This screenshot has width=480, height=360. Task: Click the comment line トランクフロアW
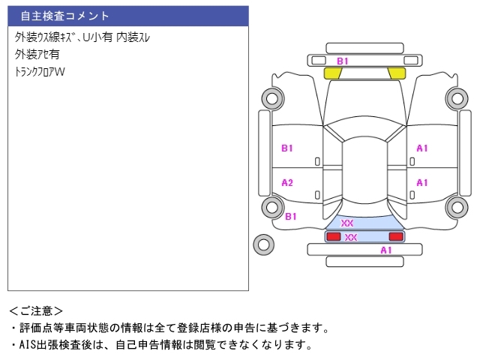click(x=40, y=72)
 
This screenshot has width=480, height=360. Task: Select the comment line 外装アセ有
click(x=37, y=54)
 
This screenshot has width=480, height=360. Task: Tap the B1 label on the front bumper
click(x=342, y=61)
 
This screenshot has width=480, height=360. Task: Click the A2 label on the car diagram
click(x=287, y=182)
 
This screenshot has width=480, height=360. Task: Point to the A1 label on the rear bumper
click(x=386, y=250)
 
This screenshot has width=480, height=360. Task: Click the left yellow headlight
click(x=332, y=73)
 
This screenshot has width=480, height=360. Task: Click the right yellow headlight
click(x=396, y=73)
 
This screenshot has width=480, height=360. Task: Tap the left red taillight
click(x=332, y=236)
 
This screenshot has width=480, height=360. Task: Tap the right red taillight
click(x=395, y=236)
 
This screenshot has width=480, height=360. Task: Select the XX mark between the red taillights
click(x=351, y=237)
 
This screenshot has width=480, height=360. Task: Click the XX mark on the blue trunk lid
click(x=347, y=223)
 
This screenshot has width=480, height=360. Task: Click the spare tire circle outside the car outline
click(x=263, y=243)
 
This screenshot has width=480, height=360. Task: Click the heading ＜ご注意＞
click(x=36, y=310)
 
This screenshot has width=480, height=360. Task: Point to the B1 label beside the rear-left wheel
click(x=291, y=216)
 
